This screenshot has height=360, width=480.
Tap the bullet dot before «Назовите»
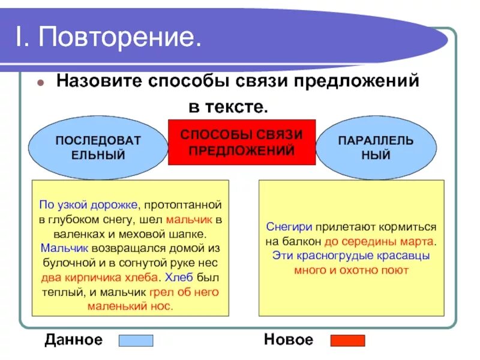pyautogui.click(x=41, y=83)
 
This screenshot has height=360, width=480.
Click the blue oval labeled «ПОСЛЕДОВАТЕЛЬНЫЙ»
pyautogui.click(x=98, y=148)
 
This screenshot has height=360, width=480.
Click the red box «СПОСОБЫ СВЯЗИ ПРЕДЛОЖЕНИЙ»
pyautogui.click(x=242, y=142)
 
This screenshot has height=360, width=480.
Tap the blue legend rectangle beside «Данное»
pyautogui.click(x=136, y=341)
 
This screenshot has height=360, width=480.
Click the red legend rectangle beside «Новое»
pyautogui.click(x=347, y=341)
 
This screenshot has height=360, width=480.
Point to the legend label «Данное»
pyautogui.click(x=73, y=340)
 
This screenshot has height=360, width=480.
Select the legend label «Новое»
pyautogui.click(x=288, y=340)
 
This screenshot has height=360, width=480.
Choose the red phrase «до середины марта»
pyautogui.click(x=379, y=242)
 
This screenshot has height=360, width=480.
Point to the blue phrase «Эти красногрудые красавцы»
pyautogui.click(x=351, y=256)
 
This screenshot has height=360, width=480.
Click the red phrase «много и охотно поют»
pyautogui.click(x=351, y=271)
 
